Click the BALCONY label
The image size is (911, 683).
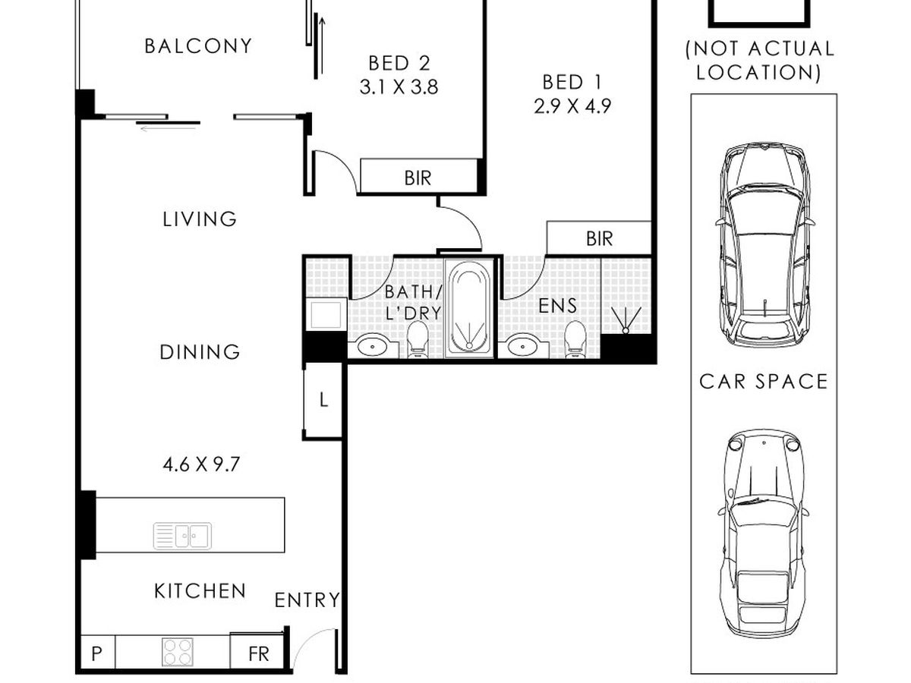pyautogui.click(x=198, y=46)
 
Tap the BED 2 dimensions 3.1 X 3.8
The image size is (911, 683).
pyautogui.click(x=399, y=87)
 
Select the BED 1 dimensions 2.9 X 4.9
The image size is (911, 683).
pyautogui.click(x=572, y=106)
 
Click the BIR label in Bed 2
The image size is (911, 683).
pyautogui.click(x=418, y=178)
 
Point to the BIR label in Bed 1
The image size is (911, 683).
pyautogui.click(x=599, y=238)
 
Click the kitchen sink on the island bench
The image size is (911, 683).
pyautogui.click(x=182, y=537)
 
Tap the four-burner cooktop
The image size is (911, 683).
pyautogui.click(x=178, y=653)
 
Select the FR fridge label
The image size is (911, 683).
pyautogui.click(x=259, y=654)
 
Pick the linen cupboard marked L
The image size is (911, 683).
pyautogui.click(x=323, y=401)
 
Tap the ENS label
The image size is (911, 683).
pyautogui.click(x=557, y=306)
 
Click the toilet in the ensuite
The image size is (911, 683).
pyautogui.click(x=575, y=339)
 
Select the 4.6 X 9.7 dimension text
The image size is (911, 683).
pyautogui.click(x=201, y=465)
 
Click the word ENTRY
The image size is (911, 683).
pyautogui.click(x=307, y=600)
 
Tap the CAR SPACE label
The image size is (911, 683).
pyautogui.click(x=763, y=382)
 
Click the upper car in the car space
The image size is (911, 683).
pyautogui.click(x=764, y=244)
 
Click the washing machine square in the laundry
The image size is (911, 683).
pyautogui.click(x=326, y=315)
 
